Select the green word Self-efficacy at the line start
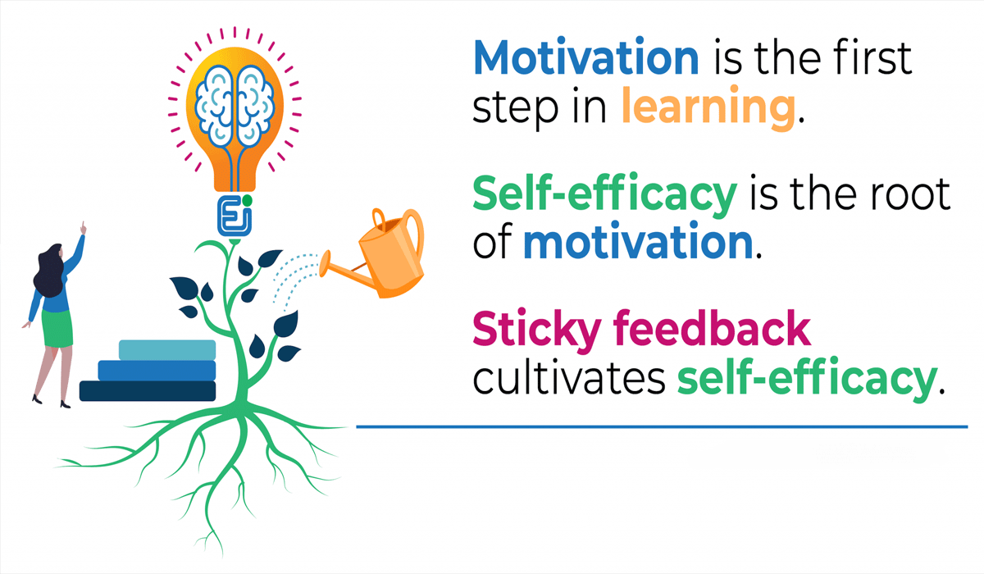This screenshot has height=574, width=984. tap(604, 195)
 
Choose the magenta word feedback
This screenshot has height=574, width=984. tap(704, 330)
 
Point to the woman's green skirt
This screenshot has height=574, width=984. tap(57, 325)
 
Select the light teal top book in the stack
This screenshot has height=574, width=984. tap(166, 349)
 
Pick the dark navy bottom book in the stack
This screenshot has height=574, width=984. tap(148, 391)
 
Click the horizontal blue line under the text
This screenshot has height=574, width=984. tap(661, 426)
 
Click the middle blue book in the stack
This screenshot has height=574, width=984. tap(157, 370)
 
